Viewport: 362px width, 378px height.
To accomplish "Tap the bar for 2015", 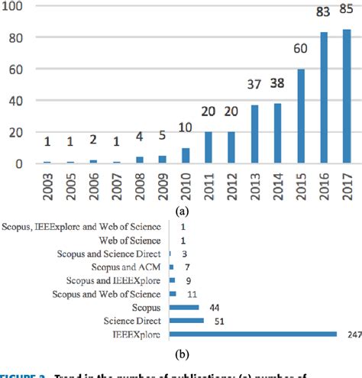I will (x=300, y=116).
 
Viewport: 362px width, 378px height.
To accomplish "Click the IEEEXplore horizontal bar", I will (x=253, y=334).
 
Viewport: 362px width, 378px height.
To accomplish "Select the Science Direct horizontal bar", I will (x=186, y=321).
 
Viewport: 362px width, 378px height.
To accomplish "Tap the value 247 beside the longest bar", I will (x=351, y=334).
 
